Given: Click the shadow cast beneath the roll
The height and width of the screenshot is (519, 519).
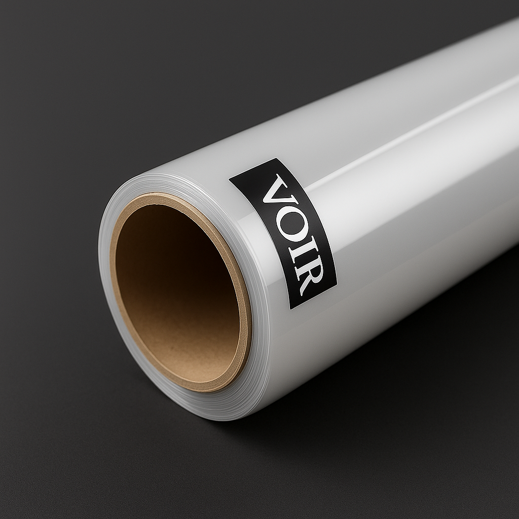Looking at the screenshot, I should click(x=355, y=385).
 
